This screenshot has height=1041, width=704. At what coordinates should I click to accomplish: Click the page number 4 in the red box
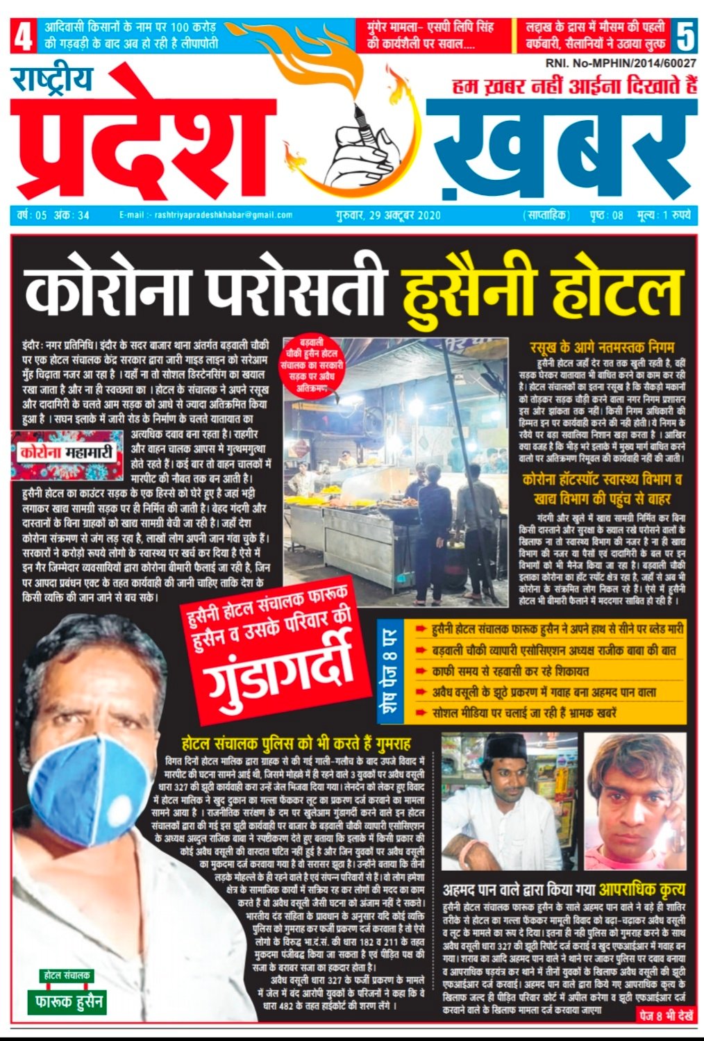tap(22, 37)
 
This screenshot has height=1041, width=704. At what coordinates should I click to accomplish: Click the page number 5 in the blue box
tap(685, 37)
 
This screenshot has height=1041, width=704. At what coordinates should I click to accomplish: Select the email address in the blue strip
tap(206, 215)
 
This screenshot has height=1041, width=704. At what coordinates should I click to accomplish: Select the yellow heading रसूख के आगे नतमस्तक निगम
tap(602, 347)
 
